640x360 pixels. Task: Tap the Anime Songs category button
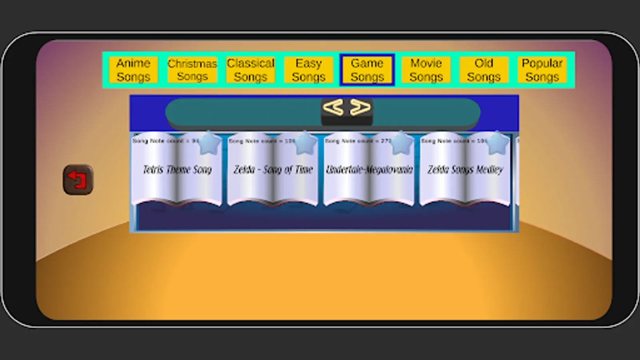point(133,70)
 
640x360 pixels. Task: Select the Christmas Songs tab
point(192,70)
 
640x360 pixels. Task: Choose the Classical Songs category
point(250,70)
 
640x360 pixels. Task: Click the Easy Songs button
point(308,70)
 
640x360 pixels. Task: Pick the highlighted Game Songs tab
point(367,70)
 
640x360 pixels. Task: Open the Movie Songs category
point(426,70)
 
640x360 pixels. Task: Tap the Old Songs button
point(484,70)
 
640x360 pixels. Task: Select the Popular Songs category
point(542,70)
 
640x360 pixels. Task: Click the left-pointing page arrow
point(333,107)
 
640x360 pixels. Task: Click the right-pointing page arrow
point(360,107)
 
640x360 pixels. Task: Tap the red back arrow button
point(78,180)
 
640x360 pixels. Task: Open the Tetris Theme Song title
point(177,170)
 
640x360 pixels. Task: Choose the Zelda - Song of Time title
point(273,170)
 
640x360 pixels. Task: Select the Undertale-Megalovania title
point(369,170)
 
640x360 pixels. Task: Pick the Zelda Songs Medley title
point(465,170)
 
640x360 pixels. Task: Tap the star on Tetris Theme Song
point(210,144)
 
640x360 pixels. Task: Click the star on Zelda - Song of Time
point(306,144)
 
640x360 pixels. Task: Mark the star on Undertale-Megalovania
point(401,144)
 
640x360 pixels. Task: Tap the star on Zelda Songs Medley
point(497,144)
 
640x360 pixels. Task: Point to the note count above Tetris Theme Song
point(165,141)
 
